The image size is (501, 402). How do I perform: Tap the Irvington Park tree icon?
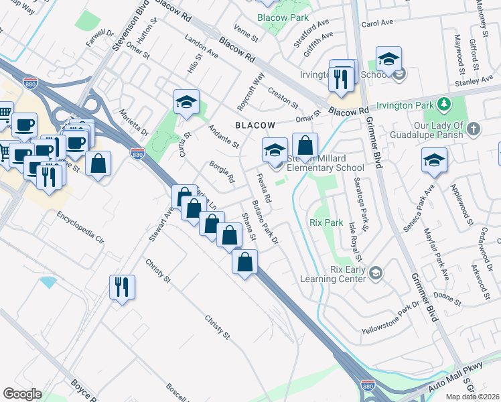pos(443,104)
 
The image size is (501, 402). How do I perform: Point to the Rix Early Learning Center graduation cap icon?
pos(376,272)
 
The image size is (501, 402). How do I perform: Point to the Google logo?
pos(22,394)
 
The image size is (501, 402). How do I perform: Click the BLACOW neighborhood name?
pos(255,125)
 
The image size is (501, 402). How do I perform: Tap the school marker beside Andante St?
pos(186,103)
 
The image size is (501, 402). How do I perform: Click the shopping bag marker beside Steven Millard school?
pos(305,145)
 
